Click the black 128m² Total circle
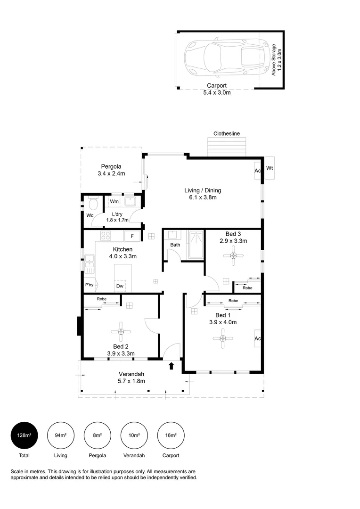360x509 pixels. tap(25, 435)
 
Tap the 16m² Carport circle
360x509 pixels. tap(171, 435)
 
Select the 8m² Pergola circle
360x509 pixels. tap(98, 435)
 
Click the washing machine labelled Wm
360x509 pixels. tap(114, 201)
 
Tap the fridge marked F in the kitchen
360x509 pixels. tap(132, 236)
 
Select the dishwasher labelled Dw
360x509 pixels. tap(120, 286)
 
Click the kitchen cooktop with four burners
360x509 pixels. tap(106, 235)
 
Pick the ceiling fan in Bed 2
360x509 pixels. tap(121, 331)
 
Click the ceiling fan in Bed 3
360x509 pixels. tap(233, 256)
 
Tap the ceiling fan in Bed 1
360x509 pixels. tap(223, 338)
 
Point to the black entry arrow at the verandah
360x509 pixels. tap(172, 366)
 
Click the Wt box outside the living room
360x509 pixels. tap(270, 168)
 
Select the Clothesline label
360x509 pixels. tap(227, 133)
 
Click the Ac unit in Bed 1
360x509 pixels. tap(257, 338)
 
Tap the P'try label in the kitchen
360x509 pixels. tap(89, 285)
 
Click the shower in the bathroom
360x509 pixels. tap(196, 245)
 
